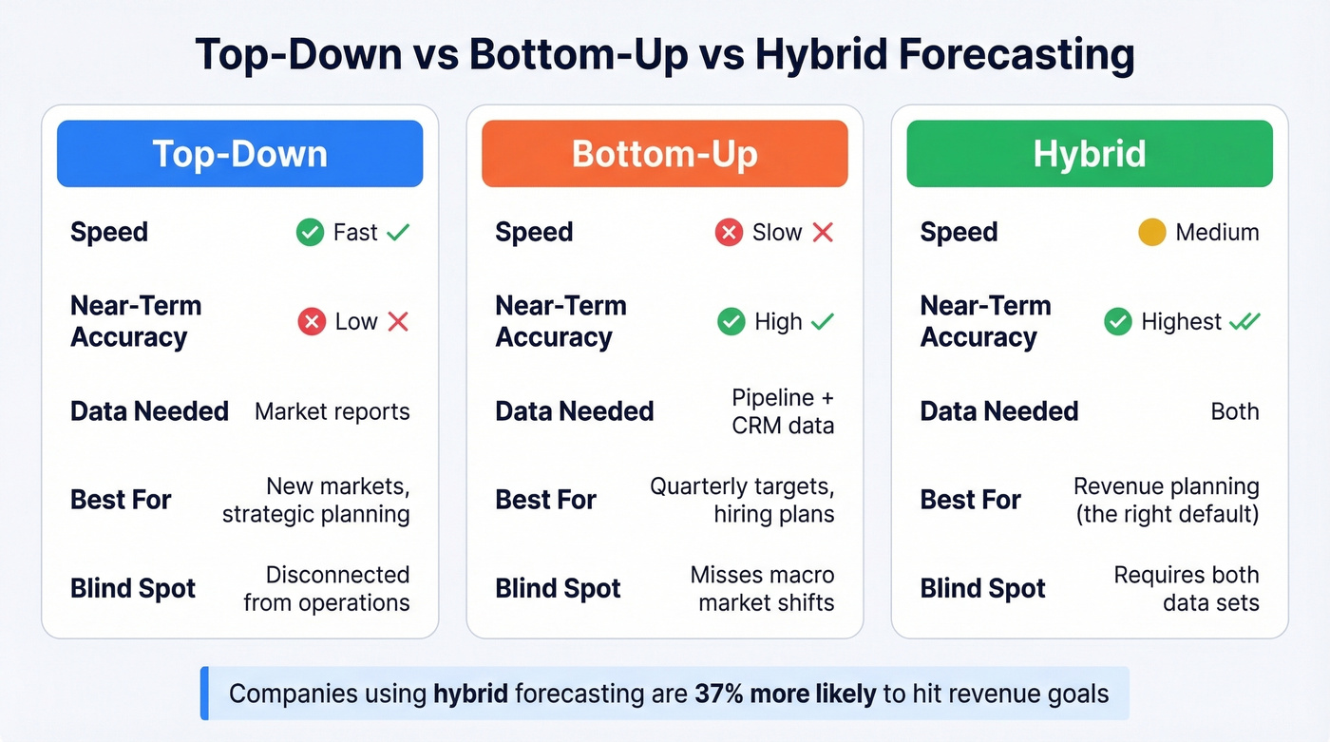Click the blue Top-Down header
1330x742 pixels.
pyautogui.click(x=239, y=153)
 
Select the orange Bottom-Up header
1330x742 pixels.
pyautogui.click(x=664, y=153)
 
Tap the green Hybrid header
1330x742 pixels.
pyautogui.click(x=1089, y=153)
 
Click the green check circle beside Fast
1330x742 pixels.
pyautogui.click(x=310, y=232)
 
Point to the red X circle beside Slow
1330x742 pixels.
pyautogui.click(x=730, y=232)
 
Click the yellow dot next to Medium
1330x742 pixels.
pyautogui.click(x=1151, y=232)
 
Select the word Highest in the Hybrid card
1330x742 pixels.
pyautogui.click(x=1181, y=322)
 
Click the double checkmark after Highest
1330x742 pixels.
pyautogui.click(x=1244, y=322)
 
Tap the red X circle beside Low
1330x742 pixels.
pyautogui.click(x=312, y=322)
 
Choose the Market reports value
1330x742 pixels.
pyautogui.click(x=332, y=411)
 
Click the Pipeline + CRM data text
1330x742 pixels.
pyautogui.click(x=783, y=411)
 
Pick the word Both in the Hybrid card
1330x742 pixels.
pyautogui.click(x=1235, y=411)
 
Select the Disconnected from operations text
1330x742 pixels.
pyautogui.click(x=327, y=588)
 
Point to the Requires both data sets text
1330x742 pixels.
pyautogui.click(x=1187, y=588)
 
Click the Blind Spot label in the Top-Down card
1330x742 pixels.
pyautogui.click(x=133, y=588)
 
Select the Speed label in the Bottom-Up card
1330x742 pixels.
pyautogui.click(x=534, y=232)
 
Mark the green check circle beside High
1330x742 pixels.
pyautogui.click(x=731, y=322)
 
